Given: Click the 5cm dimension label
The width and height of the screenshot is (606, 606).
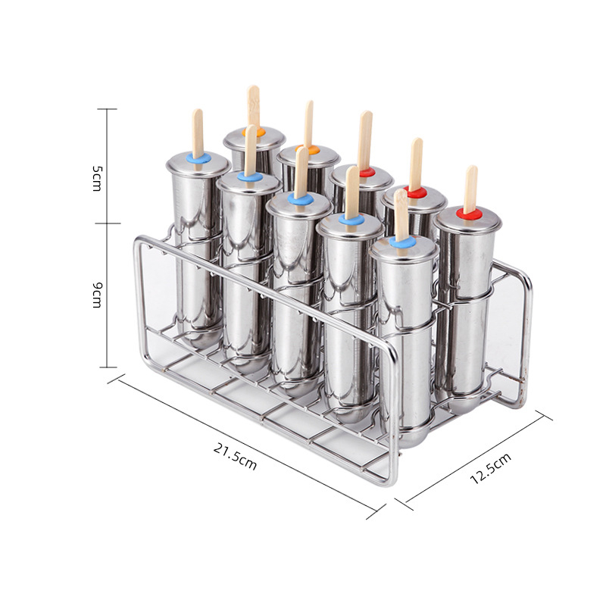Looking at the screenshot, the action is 97,178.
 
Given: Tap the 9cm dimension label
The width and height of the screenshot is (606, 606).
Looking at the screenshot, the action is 97,295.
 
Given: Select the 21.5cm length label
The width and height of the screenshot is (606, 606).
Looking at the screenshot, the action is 235,456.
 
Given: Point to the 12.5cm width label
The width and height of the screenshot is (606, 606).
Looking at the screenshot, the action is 490,468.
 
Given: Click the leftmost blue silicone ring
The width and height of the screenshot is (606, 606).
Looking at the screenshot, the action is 198,158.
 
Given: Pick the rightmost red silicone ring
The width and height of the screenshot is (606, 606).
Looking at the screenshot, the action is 468,214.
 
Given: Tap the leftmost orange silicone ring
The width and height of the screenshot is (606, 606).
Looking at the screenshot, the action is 254,132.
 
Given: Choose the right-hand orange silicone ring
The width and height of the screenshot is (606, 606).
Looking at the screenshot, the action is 308,149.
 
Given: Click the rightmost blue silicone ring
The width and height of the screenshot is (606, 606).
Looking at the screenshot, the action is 402,242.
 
